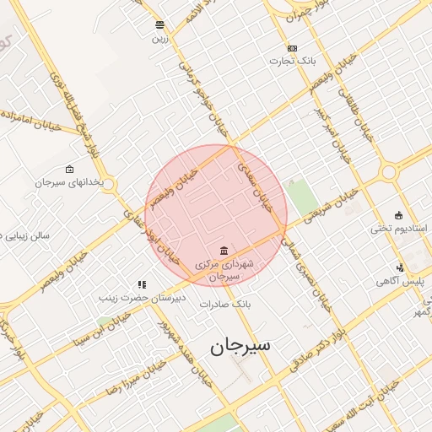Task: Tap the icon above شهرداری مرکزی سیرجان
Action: tap(223, 251)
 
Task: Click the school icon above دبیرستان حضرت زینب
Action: tap(142, 284)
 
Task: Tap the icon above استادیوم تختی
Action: tap(399, 215)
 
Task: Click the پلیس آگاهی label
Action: tap(399, 280)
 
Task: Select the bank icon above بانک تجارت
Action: tap(292, 48)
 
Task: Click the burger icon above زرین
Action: tap(160, 24)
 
